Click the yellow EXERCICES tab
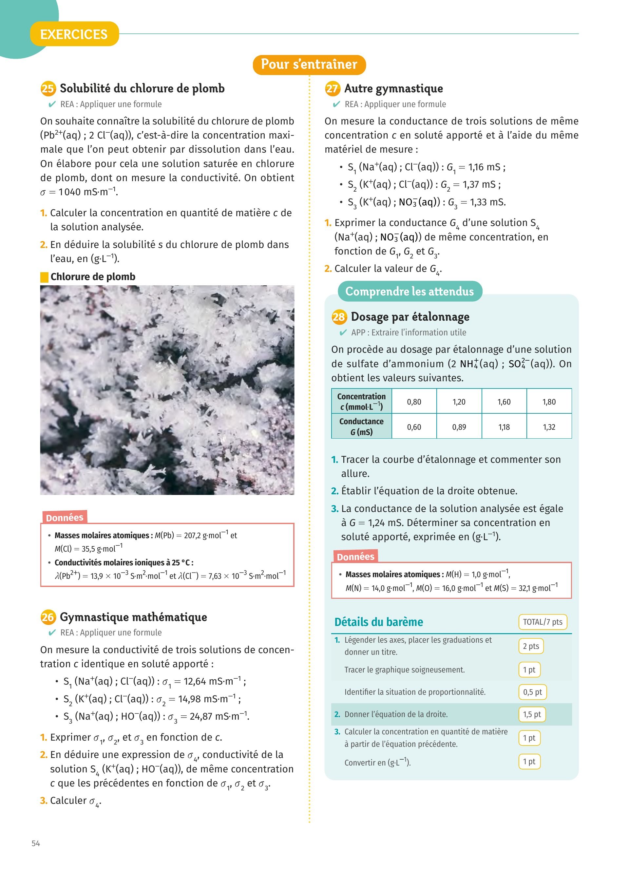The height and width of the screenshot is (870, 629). coord(74,34)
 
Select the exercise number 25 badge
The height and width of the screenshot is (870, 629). coord(48,89)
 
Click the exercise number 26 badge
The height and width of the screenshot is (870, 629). coord(48,617)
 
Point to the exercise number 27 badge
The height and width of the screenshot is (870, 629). coord(332,89)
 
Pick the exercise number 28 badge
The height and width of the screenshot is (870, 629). coord(339,317)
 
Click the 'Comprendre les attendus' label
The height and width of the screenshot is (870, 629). coord(409,292)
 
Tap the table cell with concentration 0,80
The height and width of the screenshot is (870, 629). coord(414,402)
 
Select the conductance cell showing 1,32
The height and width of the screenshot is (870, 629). coord(549,427)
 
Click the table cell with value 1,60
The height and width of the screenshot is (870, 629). coord(504,402)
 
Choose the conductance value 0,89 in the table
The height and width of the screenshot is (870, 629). coord(459,427)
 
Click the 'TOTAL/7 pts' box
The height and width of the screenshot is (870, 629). coord(542,622)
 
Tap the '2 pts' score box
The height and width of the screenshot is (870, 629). coord(531,646)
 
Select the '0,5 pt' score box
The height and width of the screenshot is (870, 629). coord(532,692)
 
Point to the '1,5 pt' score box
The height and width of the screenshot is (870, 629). coord(532,714)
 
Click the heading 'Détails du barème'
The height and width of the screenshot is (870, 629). coord(379,622)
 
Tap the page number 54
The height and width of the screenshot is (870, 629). coord(36,843)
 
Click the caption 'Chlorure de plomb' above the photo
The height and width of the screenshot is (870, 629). coord(93,276)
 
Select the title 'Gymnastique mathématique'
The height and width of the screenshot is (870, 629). coord(133,617)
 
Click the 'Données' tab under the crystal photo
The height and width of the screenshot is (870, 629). coord(65,518)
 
